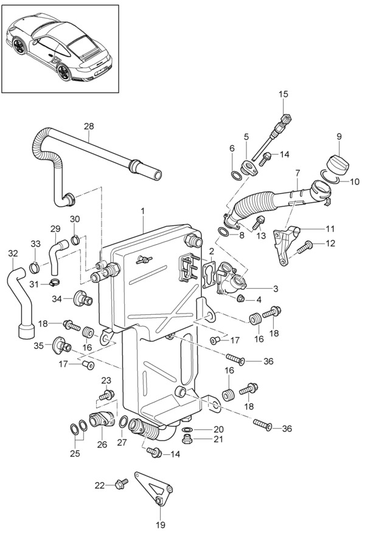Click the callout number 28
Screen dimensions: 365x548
(x=89, y=126)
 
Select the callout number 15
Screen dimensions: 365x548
(x=283, y=94)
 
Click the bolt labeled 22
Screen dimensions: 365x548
(x=122, y=483)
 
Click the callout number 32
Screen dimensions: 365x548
(x=13, y=253)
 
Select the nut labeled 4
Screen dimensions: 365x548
(x=240, y=298)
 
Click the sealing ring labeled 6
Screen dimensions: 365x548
(x=236, y=175)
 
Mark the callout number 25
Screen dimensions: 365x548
(x=75, y=453)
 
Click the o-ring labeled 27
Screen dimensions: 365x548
(x=123, y=421)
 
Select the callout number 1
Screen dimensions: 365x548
(x=142, y=211)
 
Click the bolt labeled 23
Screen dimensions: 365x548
(x=106, y=395)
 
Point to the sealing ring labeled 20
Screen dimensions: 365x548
(x=187, y=429)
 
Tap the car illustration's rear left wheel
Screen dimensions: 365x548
(x=64, y=72)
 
